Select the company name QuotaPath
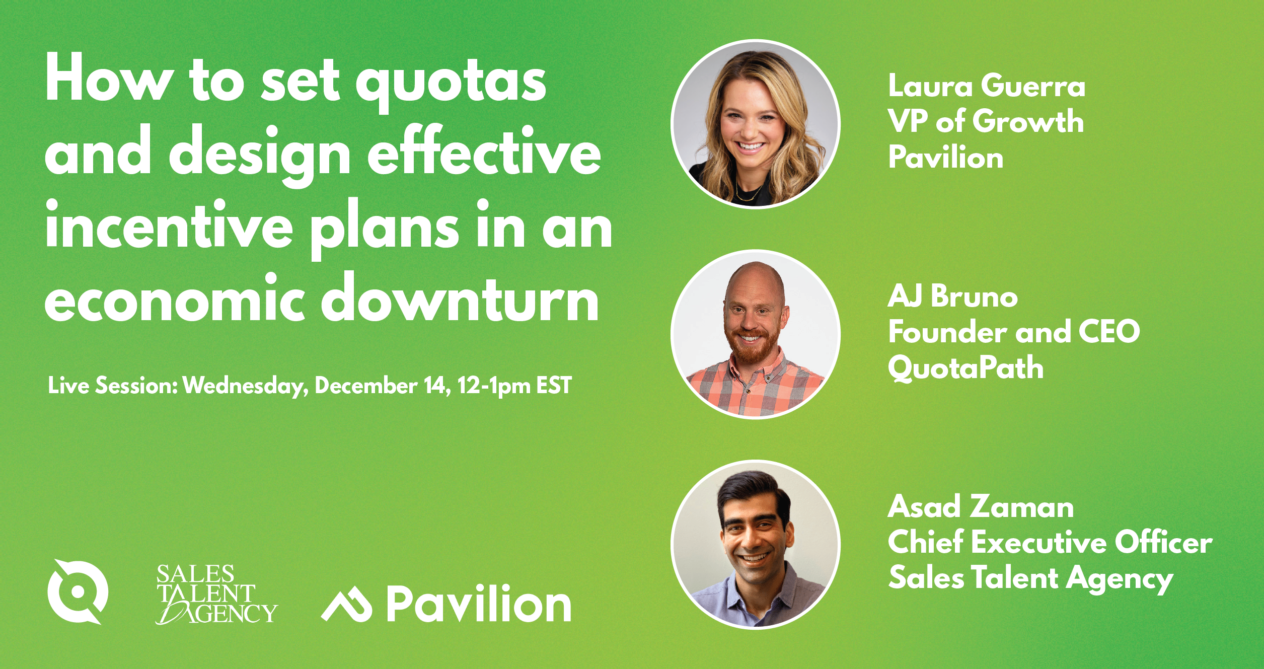[x=966, y=368]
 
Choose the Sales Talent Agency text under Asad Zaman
[x=1030, y=579]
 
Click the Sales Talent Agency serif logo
[x=216, y=594]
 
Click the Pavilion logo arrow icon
[x=347, y=604]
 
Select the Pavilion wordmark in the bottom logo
[x=479, y=604]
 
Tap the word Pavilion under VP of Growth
[x=946, y=157]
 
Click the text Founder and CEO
[x=1014, y=332]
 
